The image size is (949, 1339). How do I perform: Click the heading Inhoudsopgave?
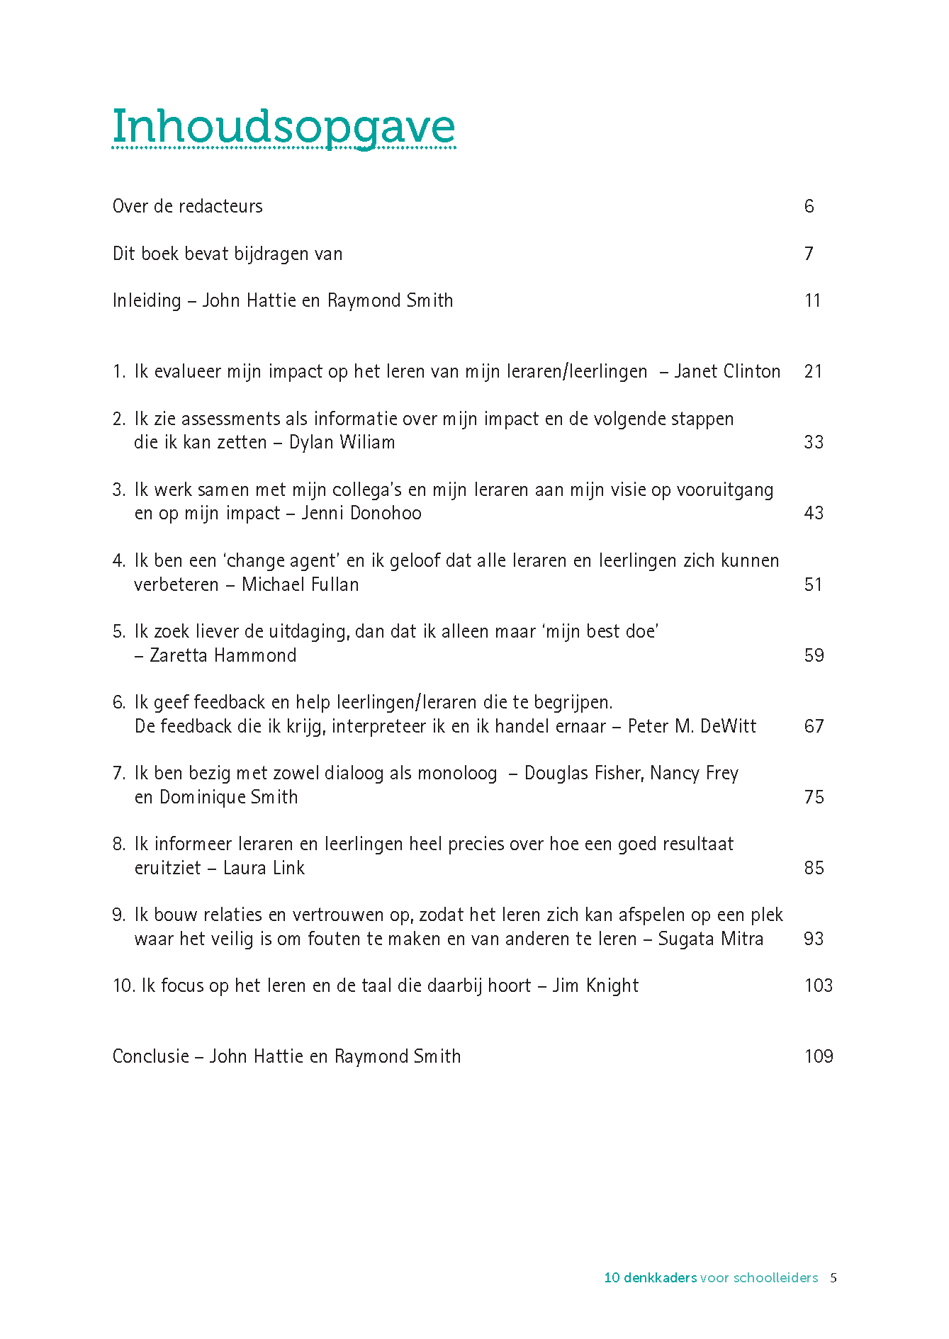pos(283,128)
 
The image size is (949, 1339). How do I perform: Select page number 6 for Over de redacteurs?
pos(809,206)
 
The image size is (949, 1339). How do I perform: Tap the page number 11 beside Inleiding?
pos(812,300)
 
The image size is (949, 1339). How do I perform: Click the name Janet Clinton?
pos(727,371)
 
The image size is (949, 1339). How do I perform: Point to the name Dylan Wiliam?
pos(342,442)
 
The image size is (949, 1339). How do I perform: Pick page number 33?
pos(814,442)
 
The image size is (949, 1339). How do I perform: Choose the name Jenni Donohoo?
pos(361,513)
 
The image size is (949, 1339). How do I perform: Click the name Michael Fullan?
pos(301,584)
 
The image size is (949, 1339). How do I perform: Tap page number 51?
pos(814,584)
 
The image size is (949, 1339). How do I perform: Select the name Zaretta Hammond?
pos(223,655)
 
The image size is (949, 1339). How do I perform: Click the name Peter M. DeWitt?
pos(692,726)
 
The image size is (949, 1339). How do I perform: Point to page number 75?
pos(814,797)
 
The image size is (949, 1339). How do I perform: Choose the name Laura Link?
pos(264,868)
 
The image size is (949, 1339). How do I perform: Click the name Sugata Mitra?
pos(710,939)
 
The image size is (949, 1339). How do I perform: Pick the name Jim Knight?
pos(595,985)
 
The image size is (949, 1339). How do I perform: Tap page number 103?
pos(819,985)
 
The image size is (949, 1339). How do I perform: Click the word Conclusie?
pos(150,1056)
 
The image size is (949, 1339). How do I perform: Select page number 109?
pos(819,1056)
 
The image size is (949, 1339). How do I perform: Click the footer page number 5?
pos(833,1278)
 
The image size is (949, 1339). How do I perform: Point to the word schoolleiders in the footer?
pos(775,1278)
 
